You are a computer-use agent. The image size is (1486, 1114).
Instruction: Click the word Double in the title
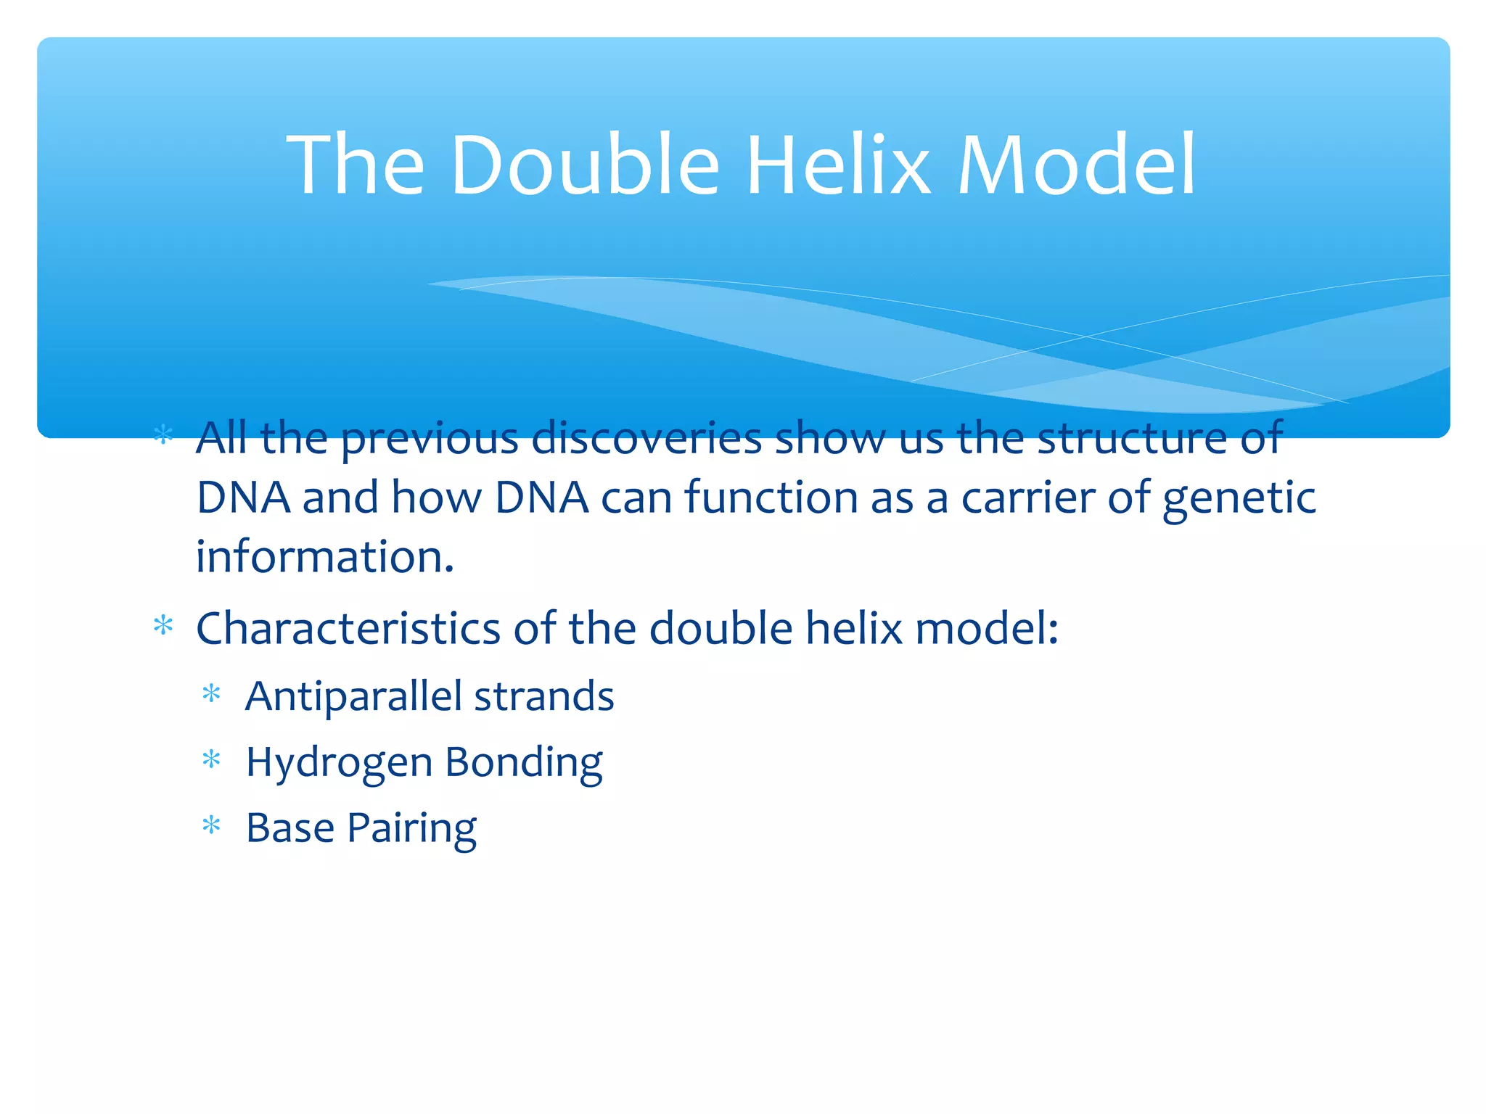click(585, 165)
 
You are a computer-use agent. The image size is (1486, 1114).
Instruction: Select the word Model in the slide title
click(1077, 165)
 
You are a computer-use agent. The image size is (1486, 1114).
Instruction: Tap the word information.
click(325, 557)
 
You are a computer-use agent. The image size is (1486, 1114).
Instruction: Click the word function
click(771, 498)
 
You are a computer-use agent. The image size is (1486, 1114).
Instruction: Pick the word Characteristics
click(348, 628)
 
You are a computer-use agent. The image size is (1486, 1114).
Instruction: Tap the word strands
click(544, 697)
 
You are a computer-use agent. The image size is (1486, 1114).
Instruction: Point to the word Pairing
click(411, 829)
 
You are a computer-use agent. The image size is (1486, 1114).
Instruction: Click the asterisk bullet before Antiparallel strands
click(211, 695)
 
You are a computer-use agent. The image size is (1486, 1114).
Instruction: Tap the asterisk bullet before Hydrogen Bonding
click(211, 760)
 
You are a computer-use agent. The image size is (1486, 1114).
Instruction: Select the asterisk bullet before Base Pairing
click(211, 825)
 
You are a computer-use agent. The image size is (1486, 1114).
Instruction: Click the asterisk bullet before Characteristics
click(163, 625)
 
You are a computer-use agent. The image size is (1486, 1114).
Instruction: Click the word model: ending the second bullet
click(986, 628)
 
